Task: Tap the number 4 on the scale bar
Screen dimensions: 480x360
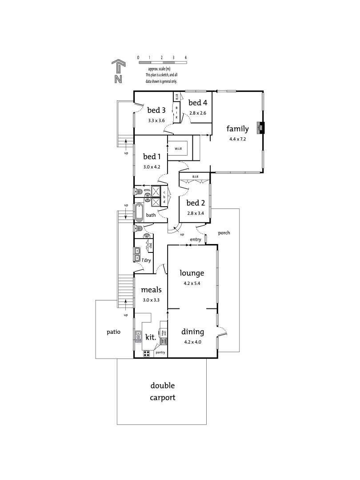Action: click(x=185, y=58)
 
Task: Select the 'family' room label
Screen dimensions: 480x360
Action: click(x=237, y=129)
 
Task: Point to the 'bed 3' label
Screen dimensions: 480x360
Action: click(x=156, y=110)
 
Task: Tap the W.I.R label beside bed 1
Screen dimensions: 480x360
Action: click(x=179, y=148)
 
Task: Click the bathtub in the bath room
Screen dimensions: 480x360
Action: click(x=139, y=212)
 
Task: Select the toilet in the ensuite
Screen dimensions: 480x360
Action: click(x=138, y=192)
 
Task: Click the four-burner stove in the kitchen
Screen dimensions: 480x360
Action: click(x=146, y=354)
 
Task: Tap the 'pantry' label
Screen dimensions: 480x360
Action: click(x=160, y=352)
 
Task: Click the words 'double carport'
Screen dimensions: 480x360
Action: click(x=162, y=392)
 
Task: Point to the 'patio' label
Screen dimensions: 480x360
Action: click(x=113, y=332)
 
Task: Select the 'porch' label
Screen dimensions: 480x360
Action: click(x=224, y=232)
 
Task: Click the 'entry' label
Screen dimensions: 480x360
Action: click(x=196, y=240)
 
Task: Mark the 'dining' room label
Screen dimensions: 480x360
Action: click(x=192, y=332)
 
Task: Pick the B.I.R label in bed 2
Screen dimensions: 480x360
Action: click(x=195, y=176)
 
